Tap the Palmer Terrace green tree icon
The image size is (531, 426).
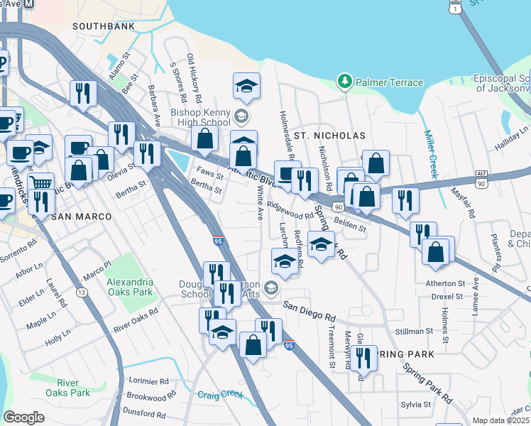click(x=346, y=82)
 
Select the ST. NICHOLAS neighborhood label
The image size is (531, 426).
click(x=329, y=135)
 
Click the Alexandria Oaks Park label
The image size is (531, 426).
click(x=130, y=287)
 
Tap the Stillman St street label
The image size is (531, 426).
click(x=414, y=332)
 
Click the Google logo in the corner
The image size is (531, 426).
click(x=23, y=417)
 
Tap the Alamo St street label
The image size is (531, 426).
click(x=121, y=61)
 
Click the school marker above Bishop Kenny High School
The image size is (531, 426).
click(x=246, y=86)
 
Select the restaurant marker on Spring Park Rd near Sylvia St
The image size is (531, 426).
click(x=363, y=358)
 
